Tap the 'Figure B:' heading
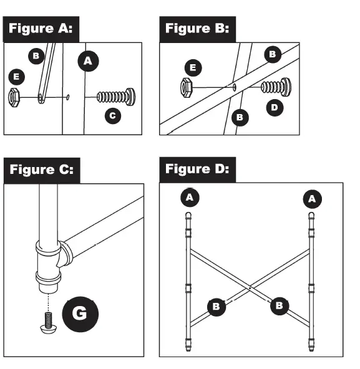coord(197,29)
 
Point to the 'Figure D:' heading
coord(197,169)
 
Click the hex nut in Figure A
coord(15,97)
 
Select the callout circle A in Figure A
coord(88,60)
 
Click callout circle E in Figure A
coord(16,77)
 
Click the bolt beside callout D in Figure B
coord(276,87)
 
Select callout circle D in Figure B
coord(274,108)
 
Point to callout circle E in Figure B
coord(193,65)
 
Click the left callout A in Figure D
coord(188,198)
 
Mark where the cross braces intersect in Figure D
coord(250,287)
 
